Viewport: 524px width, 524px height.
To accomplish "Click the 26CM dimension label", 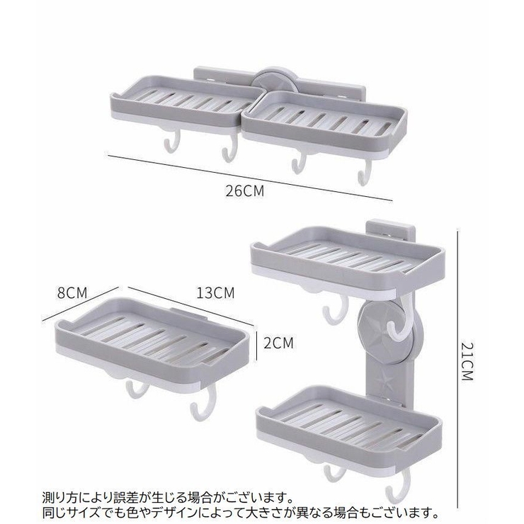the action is (244, 190).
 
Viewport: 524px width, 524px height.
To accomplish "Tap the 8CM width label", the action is (72, 293).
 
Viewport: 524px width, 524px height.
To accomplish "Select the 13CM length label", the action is (215, 293).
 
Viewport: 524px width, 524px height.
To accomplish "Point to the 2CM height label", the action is (278, 343).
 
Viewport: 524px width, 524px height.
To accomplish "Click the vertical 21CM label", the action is (467, 362).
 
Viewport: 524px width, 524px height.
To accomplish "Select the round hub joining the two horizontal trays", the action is (274, 80).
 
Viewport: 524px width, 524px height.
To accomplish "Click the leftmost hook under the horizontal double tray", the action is (172, 141).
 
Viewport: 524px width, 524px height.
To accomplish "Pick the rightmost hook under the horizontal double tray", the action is (365, 173).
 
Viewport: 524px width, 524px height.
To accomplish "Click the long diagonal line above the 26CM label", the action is (250, 178).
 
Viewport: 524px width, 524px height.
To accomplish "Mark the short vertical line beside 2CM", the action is (256, 346).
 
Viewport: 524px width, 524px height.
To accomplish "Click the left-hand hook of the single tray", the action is (137, 390).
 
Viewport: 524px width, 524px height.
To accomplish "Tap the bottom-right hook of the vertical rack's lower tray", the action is (398, 485).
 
